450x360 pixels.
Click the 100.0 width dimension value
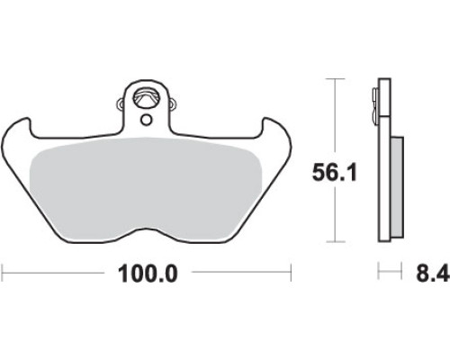pos(148,274)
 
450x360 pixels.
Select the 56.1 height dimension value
pos(335,173)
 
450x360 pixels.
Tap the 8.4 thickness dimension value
pos(433,273)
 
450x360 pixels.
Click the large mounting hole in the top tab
pos(146,97)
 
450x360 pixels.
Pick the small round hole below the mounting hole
pos(147,121)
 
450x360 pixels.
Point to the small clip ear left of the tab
pos(121,103)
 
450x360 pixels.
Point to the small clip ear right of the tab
pos(172,103)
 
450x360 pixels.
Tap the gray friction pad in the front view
pos(147,189)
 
